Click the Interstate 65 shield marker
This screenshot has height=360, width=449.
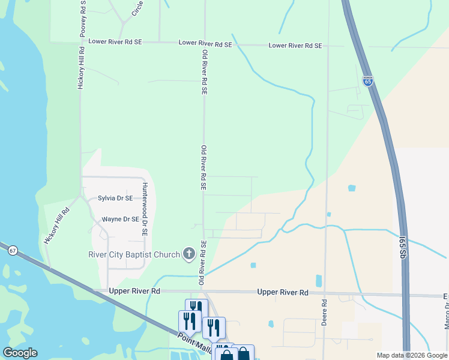pos(368,81)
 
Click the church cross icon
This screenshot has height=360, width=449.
pos(189,254)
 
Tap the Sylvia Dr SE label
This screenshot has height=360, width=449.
pos(115,198)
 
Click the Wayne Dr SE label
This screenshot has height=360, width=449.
pos(120,220)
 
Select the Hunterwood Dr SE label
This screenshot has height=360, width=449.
pos(145,211)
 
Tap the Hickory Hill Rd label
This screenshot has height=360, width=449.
pos(58,225)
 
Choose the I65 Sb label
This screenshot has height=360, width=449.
pos(403,247)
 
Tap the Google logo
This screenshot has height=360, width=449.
pos(19,353)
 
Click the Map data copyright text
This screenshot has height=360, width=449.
pos(412,355)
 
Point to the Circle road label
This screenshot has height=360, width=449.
pos(137,8)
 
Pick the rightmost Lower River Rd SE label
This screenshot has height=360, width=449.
pos(295,46)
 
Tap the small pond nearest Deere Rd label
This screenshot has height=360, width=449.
pos(318,280)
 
